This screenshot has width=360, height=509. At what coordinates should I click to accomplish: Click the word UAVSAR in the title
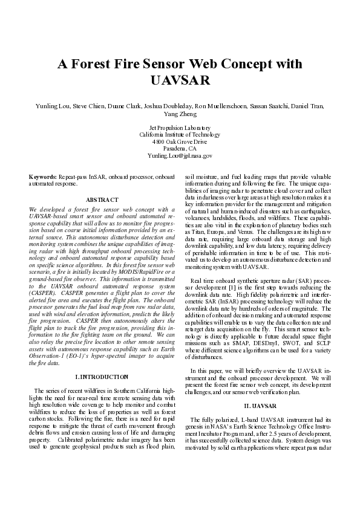[x=180, y=80]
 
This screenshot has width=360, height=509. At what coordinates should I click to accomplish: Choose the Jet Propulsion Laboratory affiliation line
[x=180, y=128]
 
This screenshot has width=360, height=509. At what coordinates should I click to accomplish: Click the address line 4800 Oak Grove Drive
[x=180, y=141]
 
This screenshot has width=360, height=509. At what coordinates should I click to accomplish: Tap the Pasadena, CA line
[x=180, y=148]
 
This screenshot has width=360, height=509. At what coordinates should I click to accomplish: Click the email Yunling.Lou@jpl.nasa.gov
[x=180, y=155]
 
